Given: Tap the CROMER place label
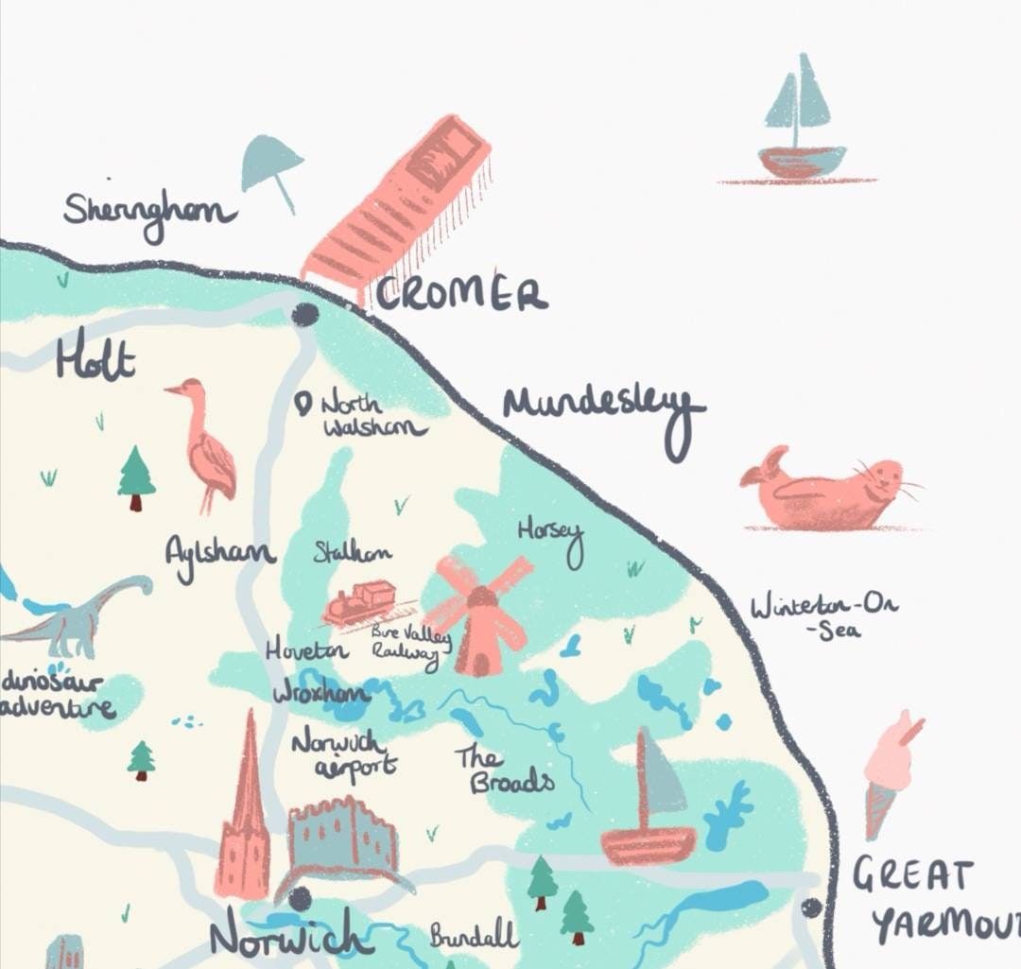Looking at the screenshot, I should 460,294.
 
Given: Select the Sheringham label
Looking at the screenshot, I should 149,210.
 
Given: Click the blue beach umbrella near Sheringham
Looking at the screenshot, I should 272,166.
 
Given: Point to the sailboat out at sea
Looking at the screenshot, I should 799,123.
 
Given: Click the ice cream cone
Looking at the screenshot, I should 889,770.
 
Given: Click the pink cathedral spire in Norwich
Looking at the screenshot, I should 244,813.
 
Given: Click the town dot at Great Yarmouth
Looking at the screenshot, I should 811,908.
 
